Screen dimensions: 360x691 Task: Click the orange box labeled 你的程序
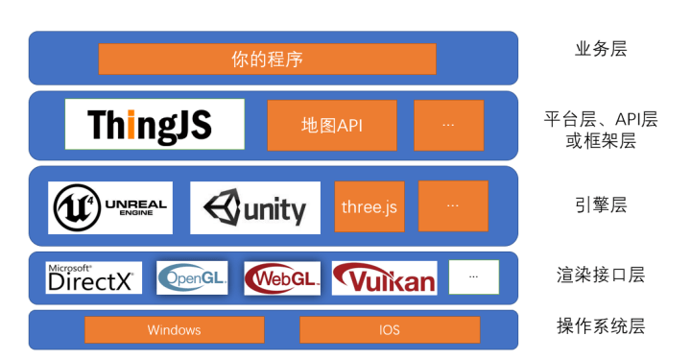pos(267,59)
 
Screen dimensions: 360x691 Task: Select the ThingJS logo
pos(155,124)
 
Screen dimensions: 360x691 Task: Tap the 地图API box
pos(331,125)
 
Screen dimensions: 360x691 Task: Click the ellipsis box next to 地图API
pos(448,125)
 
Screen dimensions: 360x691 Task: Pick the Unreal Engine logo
pos(110,207)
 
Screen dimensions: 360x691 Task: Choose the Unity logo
pos(254,208)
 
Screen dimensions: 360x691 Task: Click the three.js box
pos(369,206)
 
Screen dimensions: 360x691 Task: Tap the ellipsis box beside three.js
pos(453,205)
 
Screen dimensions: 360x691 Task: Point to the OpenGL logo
pos(193,277)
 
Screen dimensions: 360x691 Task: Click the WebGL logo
pos(282,277)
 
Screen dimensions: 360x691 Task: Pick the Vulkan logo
pos(384,277)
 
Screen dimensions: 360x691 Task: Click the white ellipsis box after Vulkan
pos(474,276)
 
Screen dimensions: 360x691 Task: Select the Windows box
pos(174,329)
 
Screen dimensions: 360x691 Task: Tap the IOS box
pos(389,329)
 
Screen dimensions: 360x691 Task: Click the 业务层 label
pos(600,49)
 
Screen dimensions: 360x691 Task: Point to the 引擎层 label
pos(600,204)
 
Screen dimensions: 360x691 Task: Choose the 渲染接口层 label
pos(600,275)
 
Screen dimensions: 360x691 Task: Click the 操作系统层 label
pos(600,326)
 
